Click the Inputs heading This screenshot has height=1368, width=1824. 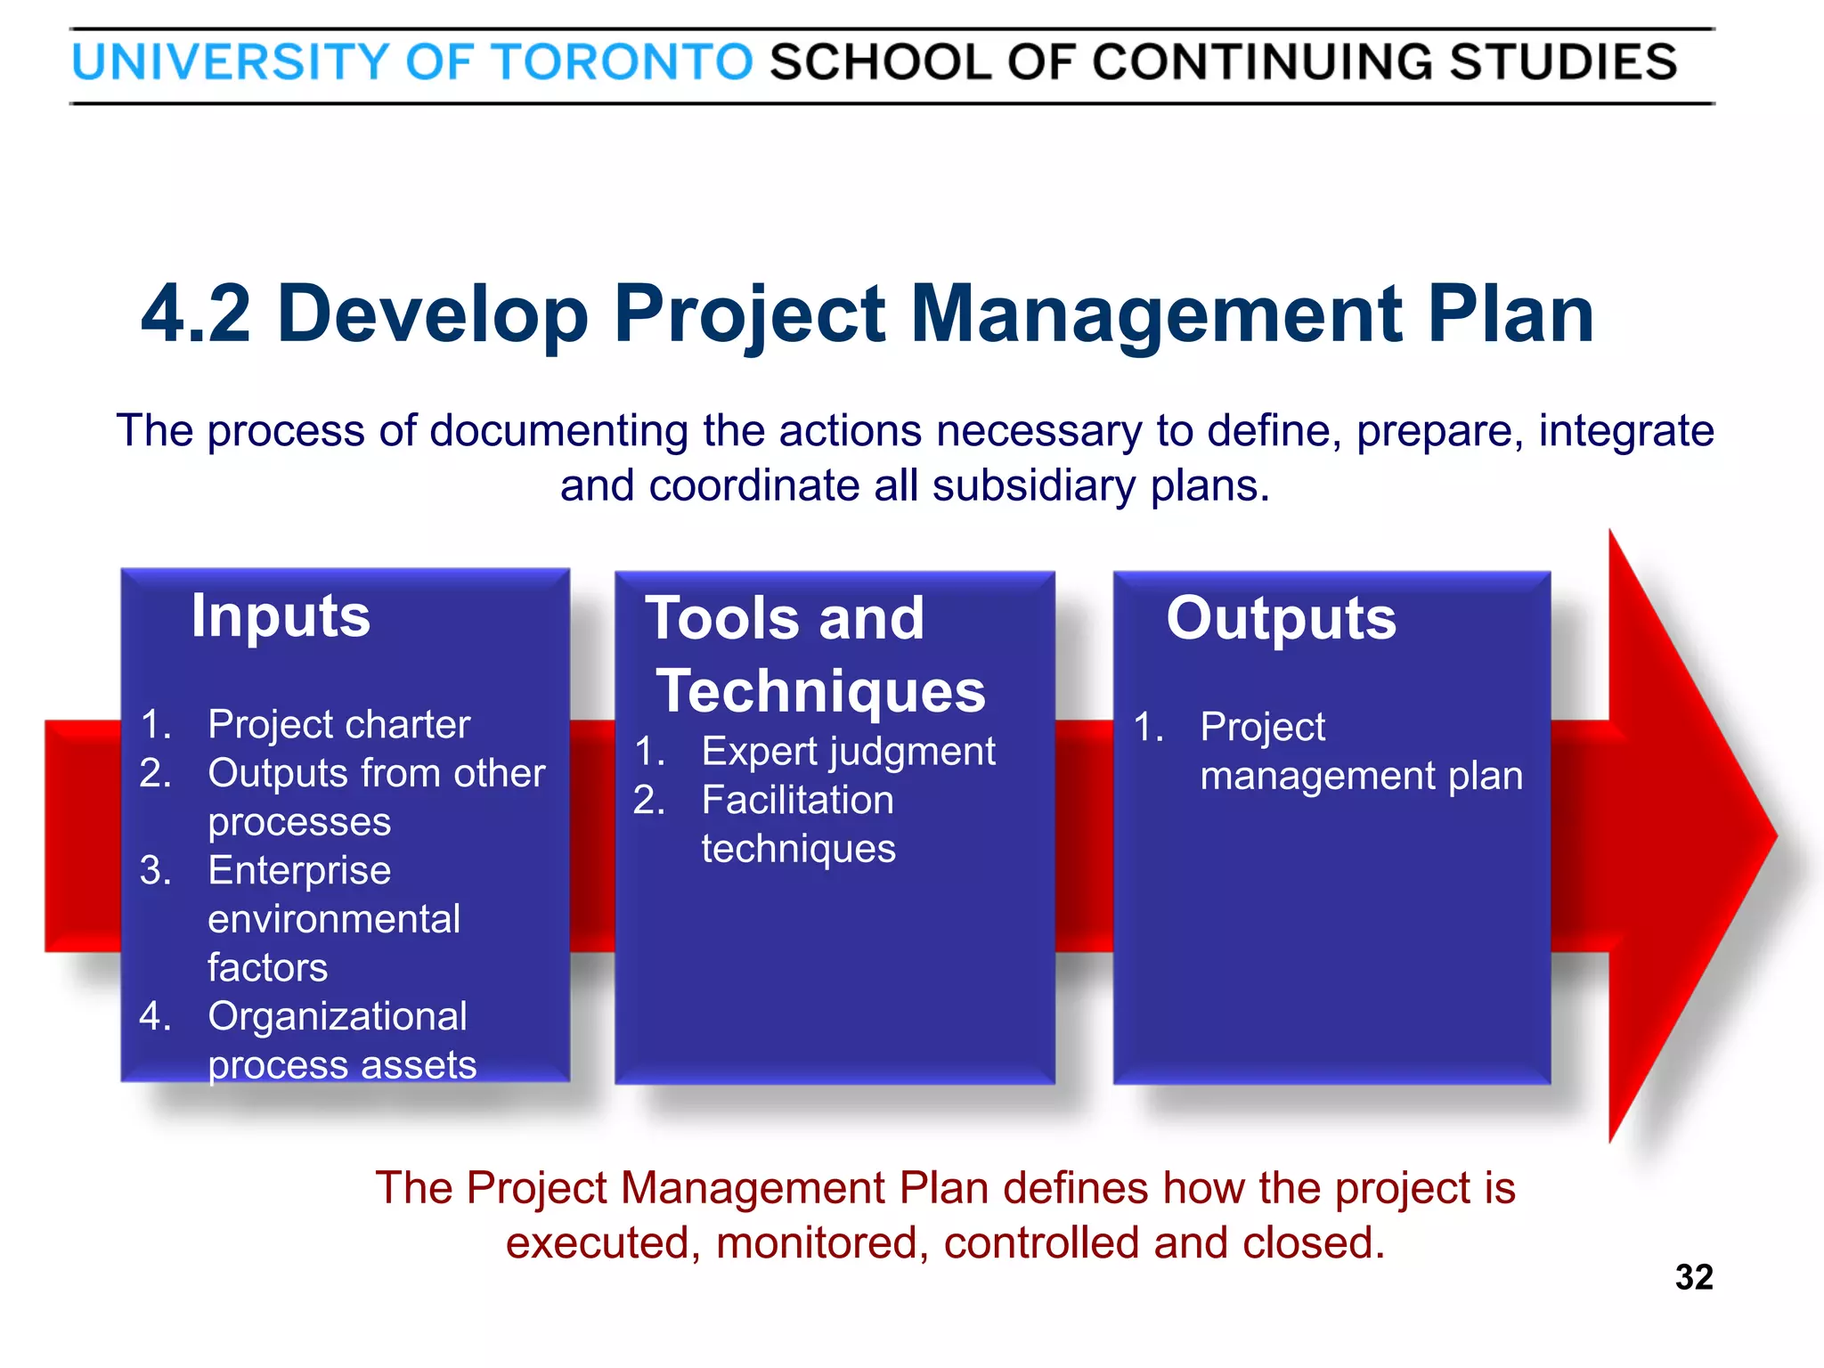281,616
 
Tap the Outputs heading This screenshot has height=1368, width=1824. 1281,618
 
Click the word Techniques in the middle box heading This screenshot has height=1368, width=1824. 821,692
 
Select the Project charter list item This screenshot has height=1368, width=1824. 338,725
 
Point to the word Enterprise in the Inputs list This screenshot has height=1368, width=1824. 299,871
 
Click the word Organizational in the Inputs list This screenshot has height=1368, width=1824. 338,1017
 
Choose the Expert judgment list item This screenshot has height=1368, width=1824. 848,752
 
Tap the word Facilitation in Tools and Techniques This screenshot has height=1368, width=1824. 797,801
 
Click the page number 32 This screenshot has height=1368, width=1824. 1693,1277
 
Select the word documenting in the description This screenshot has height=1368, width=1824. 558,432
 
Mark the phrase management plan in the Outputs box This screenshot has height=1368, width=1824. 1361,777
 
